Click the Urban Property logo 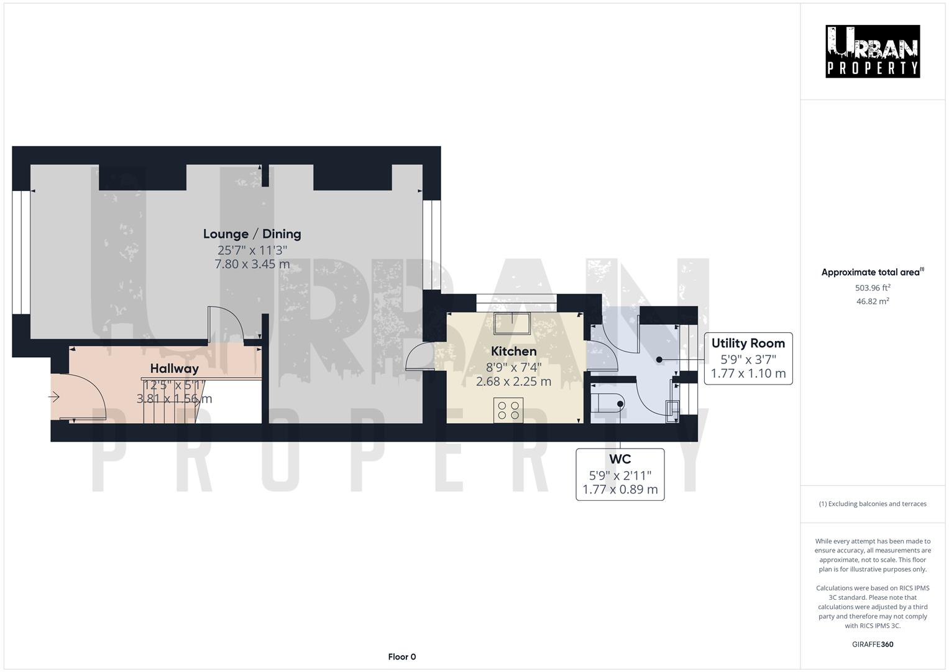point(872,51)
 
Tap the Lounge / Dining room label point(252,234)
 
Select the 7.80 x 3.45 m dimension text point(252,264)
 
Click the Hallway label point(174,368)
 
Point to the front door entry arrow point(54,396)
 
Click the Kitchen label point(513,351)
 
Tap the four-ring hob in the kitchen point(508,410)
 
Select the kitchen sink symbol point(511,324)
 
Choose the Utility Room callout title point(748,343)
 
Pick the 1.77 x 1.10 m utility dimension point(748,373)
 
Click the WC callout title point(620,459)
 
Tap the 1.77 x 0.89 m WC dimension point(620,489)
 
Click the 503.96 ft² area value point(872,287)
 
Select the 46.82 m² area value point(872,301)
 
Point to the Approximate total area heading point(872,272)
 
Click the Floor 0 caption point(401,656)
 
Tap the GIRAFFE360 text point(872,644)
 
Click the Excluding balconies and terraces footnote point(872,503)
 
